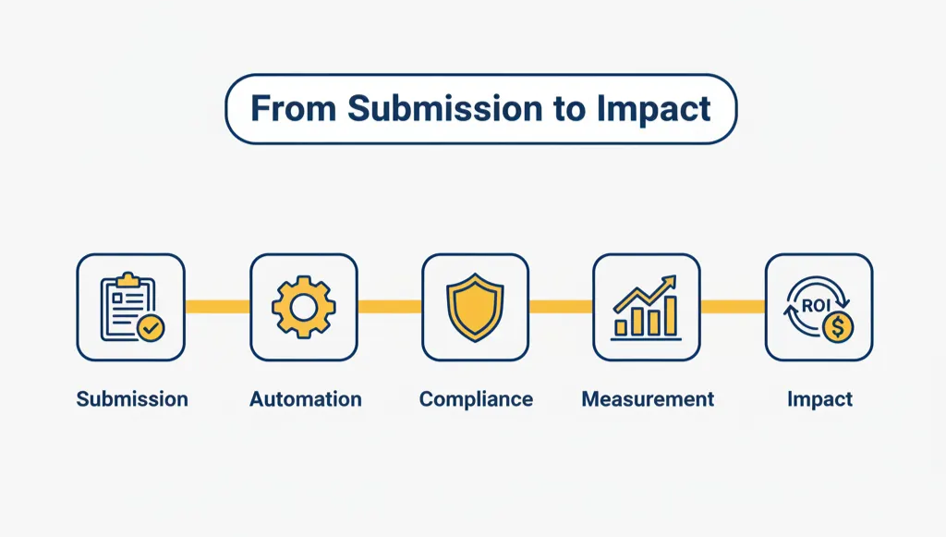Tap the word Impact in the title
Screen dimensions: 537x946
coord(653,109)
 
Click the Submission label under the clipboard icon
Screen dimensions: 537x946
coord(132,399)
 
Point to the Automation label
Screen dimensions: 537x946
coord(305,399)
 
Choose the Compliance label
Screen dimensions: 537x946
coord(476,399)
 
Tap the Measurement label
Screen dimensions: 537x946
coord(648,399)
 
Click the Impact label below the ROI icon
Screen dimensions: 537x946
coord(819,399)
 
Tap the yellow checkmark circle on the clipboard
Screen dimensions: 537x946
coord(147,327)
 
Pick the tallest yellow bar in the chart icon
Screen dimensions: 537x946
coord(670,315)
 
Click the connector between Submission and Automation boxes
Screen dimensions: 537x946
coord(218,307)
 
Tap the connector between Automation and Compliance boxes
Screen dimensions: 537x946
coord(390,307)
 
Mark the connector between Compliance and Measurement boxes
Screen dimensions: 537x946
coord(561,307)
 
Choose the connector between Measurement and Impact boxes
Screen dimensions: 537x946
coord(733,307)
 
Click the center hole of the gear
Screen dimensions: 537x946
coord(304,307)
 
